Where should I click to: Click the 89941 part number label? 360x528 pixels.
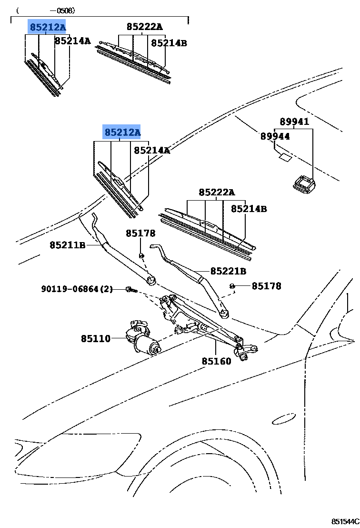(x=294, y=122)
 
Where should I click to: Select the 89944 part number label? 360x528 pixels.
(x=275, y=136)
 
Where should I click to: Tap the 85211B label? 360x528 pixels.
(x=67, y=245)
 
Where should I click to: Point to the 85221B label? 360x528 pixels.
(x=228, y=271)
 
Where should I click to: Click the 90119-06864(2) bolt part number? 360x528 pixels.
(x=77, y=289)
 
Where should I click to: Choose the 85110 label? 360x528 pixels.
(x=95, y=339)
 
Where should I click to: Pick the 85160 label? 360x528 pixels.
(x=216, y=361)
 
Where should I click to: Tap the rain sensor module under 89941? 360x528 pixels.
(x=303, y=183)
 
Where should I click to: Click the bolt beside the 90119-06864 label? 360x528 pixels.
(x=130, y=289)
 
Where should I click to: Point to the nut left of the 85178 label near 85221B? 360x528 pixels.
(x=232, y=286)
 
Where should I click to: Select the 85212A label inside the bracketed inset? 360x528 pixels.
(x=47, y=27)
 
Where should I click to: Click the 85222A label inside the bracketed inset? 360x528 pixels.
(x=144, y=27)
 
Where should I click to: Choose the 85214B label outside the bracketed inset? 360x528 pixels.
(x=249, y=209)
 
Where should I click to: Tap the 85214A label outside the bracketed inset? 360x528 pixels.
(x=151, y=151)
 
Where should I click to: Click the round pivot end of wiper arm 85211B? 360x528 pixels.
(x=151, y=280)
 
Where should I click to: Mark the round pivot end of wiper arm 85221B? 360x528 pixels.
(x=224, y=313)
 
